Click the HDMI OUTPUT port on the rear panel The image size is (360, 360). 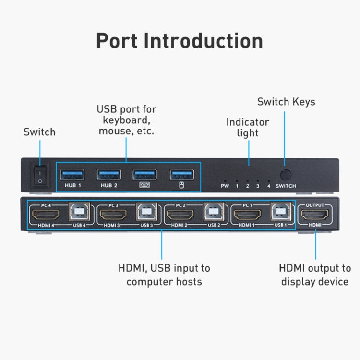[315, 214]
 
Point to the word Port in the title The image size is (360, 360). [117, 41]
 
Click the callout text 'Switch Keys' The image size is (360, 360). [286, 102]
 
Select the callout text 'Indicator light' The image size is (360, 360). [248, 127]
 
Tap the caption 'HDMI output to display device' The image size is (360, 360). [315, 275]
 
